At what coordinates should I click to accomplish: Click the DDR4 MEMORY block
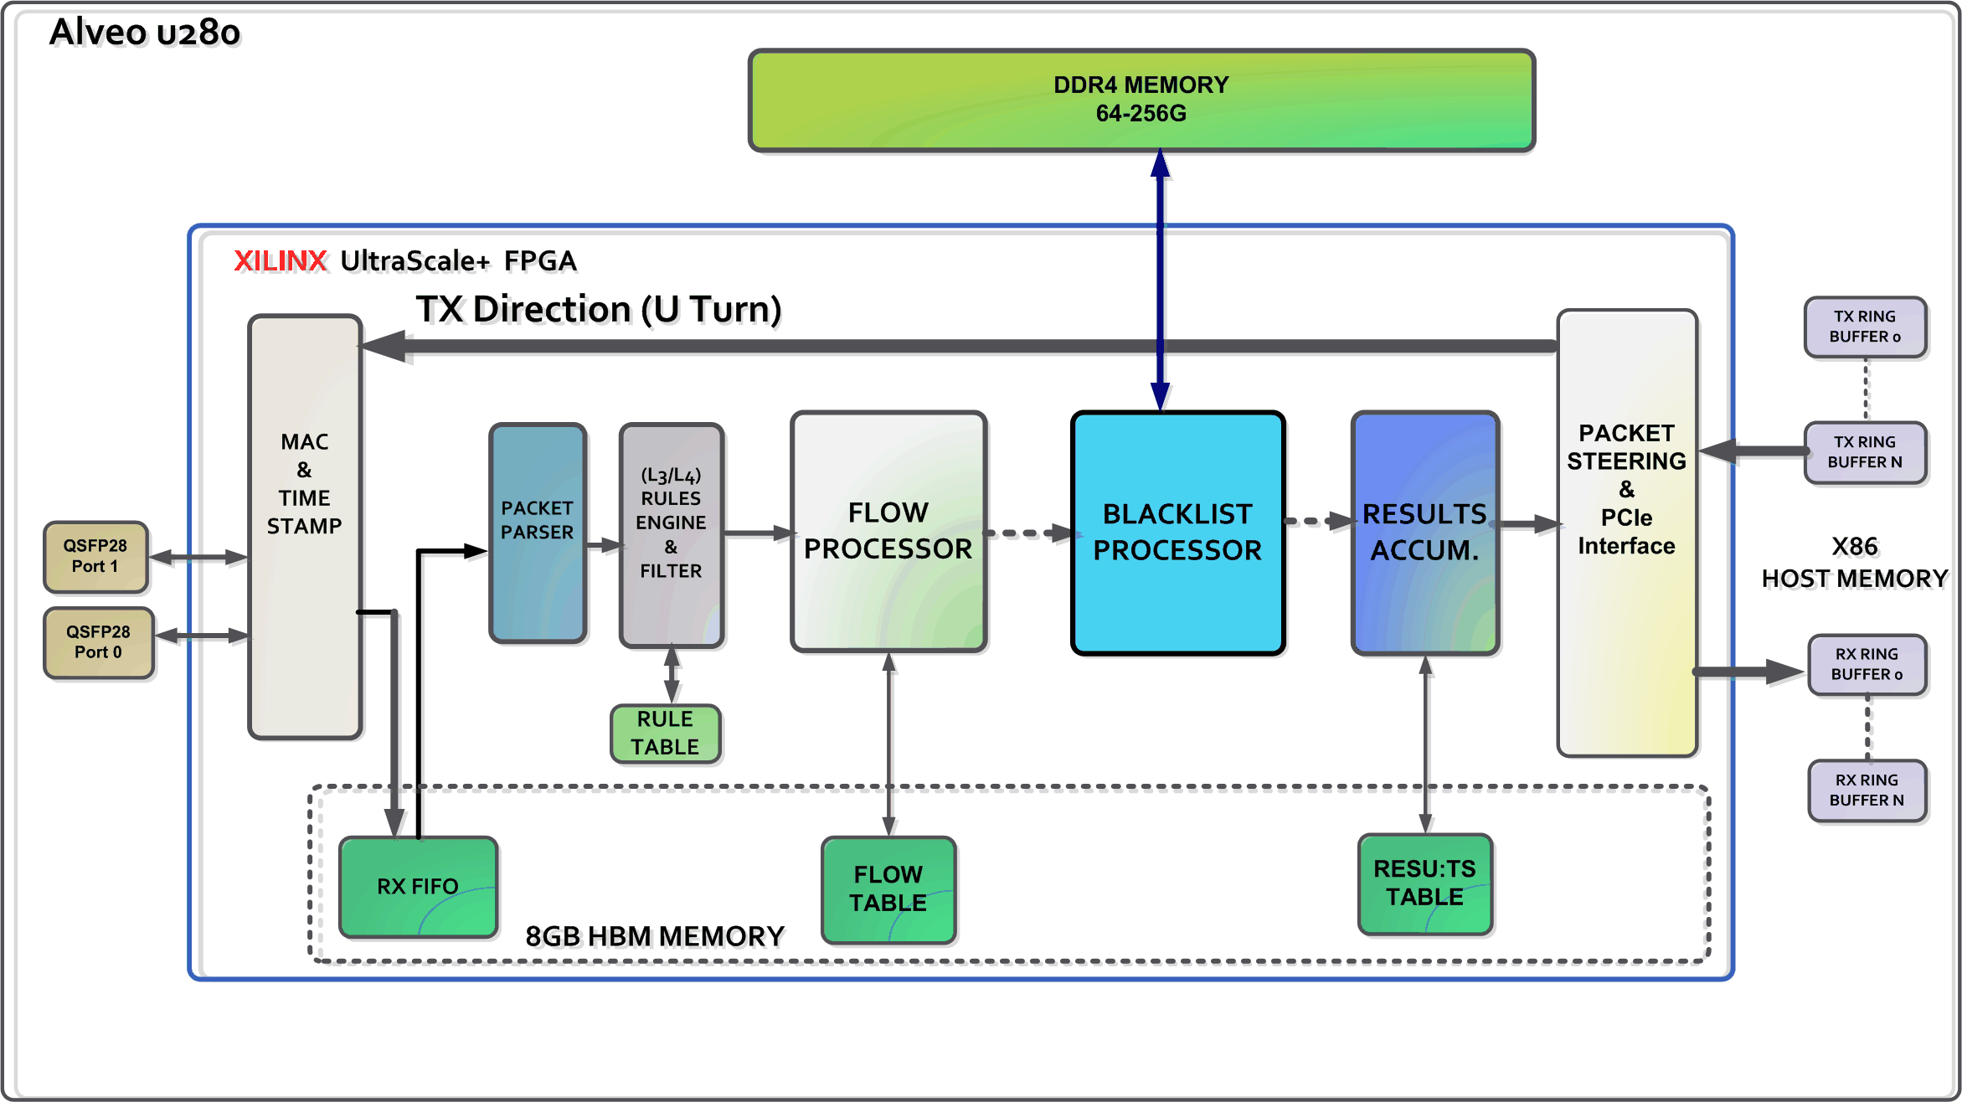pyautogui.click(x=1141, y=100)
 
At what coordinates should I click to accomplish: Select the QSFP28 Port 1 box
pyautogui.click(x=95, y=556)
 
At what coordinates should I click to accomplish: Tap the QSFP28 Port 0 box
pyautogui.click(x=99, y=642)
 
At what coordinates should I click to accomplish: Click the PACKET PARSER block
pyautogui.click(x=538, y=533)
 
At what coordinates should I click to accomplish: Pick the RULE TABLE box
pyautogui.click(x=666, y=734)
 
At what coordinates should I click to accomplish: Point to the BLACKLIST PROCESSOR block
pyautogui.click(x=1177, y=533)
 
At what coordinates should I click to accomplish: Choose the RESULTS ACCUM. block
pyautogui.click(x=1424, y=533)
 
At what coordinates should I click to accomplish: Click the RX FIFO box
pyautogui.click(x=418, y=886)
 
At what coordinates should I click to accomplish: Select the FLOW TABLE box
pyautogui.click(x=888, y=889)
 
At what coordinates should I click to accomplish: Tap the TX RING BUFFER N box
pyautogui.click(x=1865, y=452)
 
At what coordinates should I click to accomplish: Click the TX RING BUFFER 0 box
pyautogui.click(x=1865, y=327)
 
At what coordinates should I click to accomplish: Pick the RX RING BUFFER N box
pyautogui.click(x=1867, y=790)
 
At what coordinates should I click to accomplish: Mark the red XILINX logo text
pyautogui.click(x=280, y=261)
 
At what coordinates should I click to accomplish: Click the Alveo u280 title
pyautogui.click(x=145, y=33)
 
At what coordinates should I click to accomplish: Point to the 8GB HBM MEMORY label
pyautogui.click(x=655, y=936)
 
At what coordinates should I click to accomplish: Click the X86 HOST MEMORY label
pyautogui.click(x=1855, y=563)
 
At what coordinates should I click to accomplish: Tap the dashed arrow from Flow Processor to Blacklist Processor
pyautogui.click(x=1028, y=533)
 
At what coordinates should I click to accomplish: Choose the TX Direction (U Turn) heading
pyautogui.click(x=599, y=310)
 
